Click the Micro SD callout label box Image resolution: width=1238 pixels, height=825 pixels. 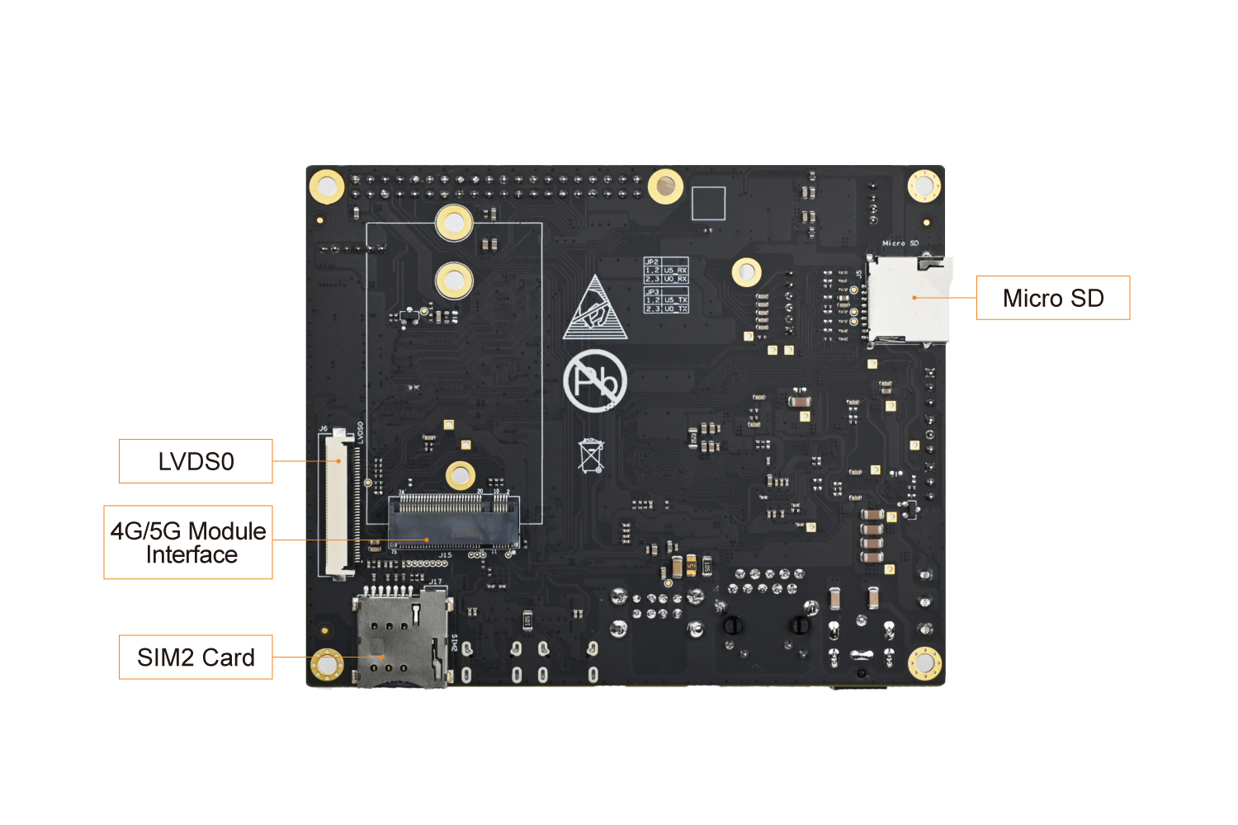pos(1052,298)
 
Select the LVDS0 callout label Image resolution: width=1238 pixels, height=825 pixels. pos(196,461)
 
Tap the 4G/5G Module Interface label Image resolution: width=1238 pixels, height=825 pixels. pos(188,542)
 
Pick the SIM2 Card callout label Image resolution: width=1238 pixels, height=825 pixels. pos(196,658)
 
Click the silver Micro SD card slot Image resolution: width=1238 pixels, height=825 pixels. pos(908,299)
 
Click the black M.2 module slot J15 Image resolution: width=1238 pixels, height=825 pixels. pos(453,521)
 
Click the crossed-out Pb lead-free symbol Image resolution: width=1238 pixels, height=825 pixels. pos(595,380)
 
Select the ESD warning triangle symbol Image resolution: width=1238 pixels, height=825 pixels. pos(595,310)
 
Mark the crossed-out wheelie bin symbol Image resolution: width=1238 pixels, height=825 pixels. pos(591,455)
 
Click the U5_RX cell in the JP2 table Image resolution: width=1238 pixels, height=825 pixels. pos(675,270)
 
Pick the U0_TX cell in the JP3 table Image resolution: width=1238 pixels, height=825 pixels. pos(675,309)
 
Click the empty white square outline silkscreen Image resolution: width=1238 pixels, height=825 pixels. pos(708,203)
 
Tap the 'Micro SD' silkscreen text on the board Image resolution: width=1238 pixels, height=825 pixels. pos(900,243)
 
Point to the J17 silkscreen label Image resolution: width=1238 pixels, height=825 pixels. pos(435,582)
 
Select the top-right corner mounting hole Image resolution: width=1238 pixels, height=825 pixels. pos(924,186)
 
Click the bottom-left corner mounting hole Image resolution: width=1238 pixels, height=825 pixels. pos(326,664)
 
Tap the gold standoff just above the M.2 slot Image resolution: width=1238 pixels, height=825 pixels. pos(460,475)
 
